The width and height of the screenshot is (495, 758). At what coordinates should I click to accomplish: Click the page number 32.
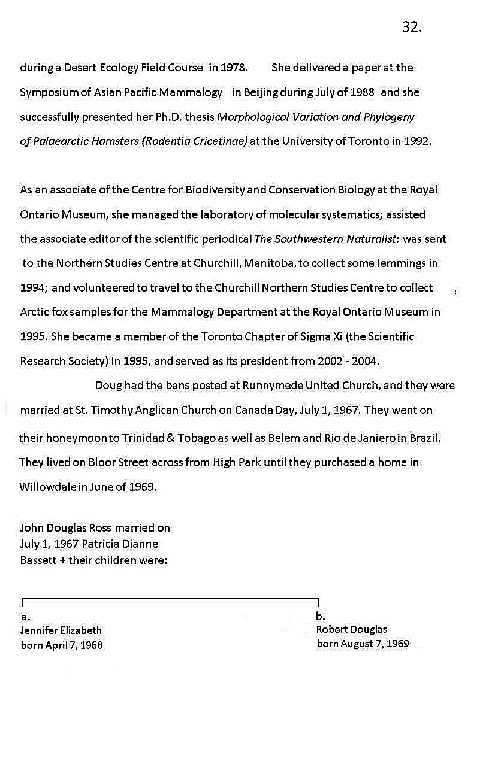coord(412,27)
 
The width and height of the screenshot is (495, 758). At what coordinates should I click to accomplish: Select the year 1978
coord(234,68)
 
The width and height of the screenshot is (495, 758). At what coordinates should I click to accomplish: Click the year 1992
coord(416,141)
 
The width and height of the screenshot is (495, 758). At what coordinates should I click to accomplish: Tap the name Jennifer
coord(38,630)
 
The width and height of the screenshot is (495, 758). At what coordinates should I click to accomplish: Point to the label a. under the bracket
coord(25,617)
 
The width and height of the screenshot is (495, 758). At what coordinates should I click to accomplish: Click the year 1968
coord(92,645)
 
